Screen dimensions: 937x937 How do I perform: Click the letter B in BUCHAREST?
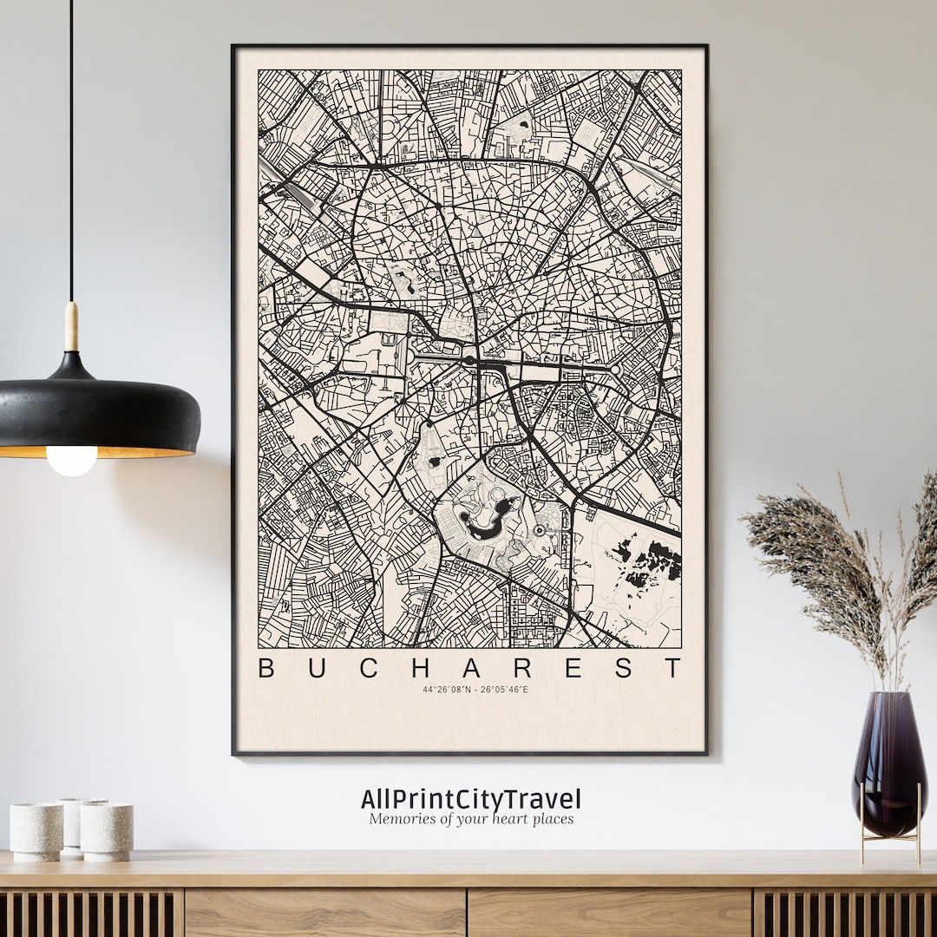tap(267, 668)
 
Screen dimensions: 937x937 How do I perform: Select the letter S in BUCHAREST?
tap(623, 668)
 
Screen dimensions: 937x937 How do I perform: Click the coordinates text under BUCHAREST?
tap(475, 690)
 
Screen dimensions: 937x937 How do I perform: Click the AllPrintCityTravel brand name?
tap(471, 799)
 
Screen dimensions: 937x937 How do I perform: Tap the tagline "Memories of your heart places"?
tap(471, 819)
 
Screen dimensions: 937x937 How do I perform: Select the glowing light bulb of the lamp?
tap(71, 460)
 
